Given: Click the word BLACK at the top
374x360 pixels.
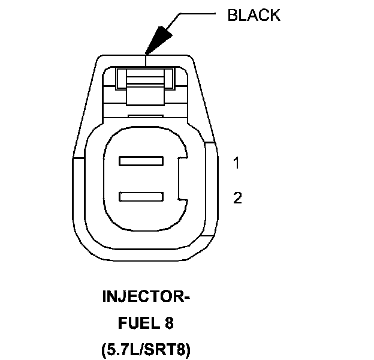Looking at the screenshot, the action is tap(254, 16).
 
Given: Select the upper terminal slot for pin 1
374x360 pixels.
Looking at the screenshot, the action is tap(141, 161).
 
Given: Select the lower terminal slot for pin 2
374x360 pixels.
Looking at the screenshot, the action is tap(141, 196).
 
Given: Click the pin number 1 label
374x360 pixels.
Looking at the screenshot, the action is tap(237, 163).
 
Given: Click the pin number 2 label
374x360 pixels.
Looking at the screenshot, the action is tap(237, 198).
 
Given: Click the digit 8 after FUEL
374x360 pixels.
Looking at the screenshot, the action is tap(170, 323).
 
